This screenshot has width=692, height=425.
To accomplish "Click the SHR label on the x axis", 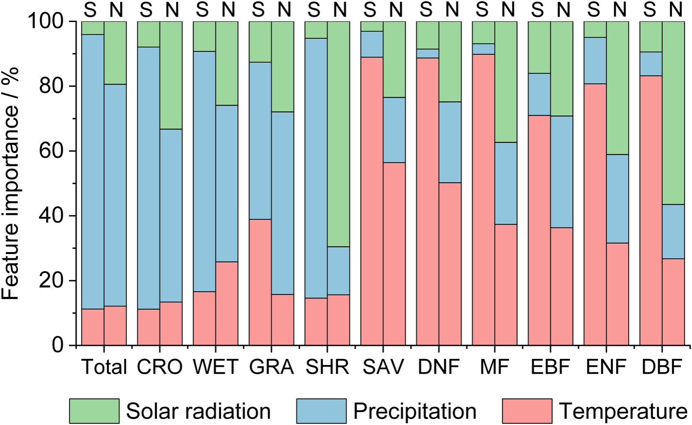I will coord(327,367).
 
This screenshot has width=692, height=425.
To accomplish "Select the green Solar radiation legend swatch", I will coord(94,411).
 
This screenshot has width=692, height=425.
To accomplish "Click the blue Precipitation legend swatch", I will coord(321,411).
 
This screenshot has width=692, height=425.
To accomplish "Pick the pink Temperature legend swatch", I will coord(527,411).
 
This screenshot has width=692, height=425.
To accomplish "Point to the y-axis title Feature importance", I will coord(11,184).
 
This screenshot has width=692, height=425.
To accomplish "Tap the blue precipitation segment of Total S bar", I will coord(93,171).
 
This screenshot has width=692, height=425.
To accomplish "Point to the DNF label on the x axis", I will coord(439,367).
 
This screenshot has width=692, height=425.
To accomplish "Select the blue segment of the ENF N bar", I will coord(617,199).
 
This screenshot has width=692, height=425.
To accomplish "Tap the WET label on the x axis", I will coord(215,367).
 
